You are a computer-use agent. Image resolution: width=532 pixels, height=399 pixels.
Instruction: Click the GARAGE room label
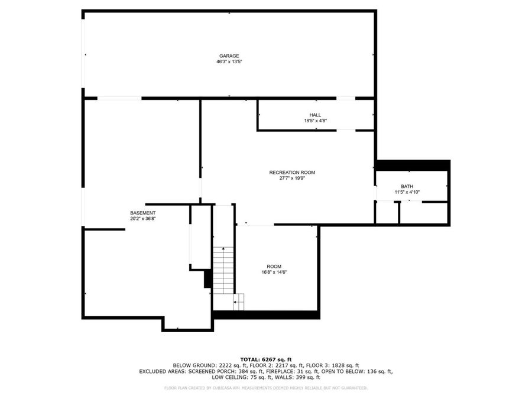(x=229, y=56)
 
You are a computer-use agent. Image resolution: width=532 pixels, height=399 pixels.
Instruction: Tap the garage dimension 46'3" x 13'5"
(x=229, y=61)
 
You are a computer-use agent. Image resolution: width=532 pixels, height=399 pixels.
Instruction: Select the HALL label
(x=315, y=115)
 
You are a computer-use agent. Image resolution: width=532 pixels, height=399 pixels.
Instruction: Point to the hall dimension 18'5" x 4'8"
(x=315, y=121)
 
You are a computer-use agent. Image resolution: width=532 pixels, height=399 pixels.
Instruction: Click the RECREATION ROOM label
(x=292, y=173)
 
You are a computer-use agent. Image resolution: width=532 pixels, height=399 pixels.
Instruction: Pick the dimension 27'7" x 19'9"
(x=292, y=179)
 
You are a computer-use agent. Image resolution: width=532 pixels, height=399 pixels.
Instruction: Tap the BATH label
(x=407, y=186)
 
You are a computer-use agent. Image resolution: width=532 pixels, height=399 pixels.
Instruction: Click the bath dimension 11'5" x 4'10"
(x=407, y=192)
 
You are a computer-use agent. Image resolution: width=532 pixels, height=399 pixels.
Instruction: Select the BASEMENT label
(x=143, y=213)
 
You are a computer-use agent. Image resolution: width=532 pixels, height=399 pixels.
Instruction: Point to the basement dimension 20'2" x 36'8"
(x=143, y=219)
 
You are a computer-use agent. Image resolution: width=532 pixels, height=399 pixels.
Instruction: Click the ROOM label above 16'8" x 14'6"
(x=274, y=266)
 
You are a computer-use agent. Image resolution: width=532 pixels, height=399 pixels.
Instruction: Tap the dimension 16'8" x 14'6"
(x=274, y=272)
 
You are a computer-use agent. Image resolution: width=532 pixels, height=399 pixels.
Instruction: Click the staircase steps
(x=223, y=269)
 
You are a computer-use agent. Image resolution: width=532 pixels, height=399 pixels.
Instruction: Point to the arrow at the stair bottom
(x=236, y=303)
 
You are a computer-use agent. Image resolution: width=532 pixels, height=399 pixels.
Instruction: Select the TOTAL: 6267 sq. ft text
(x=265, y=359)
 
